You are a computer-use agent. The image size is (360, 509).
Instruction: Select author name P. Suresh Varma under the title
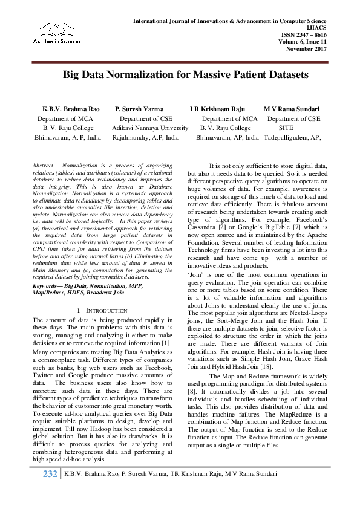click(140, 109)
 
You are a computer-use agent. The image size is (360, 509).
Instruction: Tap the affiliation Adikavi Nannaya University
click(150, 128)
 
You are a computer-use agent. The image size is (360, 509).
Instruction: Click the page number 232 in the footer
click(50, 490)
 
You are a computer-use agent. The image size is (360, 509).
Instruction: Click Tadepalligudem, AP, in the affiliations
click(292, 137)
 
